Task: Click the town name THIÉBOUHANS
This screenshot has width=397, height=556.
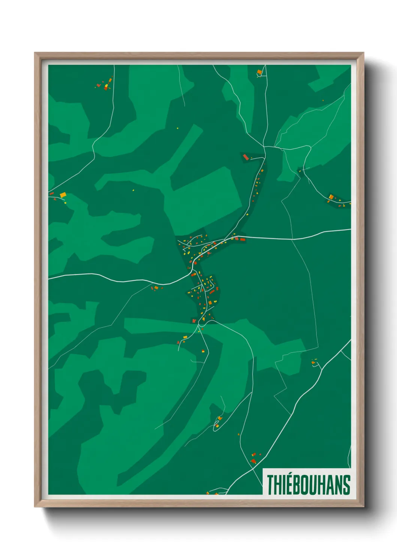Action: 308,485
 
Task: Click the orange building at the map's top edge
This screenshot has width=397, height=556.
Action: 259,72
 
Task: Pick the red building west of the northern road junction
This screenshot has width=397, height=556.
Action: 246,157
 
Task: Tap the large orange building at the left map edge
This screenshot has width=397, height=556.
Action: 63,195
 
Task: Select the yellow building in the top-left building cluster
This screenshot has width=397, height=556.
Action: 106,86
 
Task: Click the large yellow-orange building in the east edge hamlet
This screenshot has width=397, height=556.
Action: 331,197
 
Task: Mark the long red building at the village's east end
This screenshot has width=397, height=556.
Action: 242,239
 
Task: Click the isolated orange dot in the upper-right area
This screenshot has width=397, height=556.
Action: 323,100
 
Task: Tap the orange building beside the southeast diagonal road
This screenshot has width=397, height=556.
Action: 313,363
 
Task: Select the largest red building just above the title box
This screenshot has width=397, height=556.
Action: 253,461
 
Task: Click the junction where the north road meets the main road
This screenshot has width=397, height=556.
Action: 224,239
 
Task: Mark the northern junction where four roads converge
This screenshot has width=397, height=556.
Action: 265,147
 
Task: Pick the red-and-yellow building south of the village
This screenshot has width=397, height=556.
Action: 203,351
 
